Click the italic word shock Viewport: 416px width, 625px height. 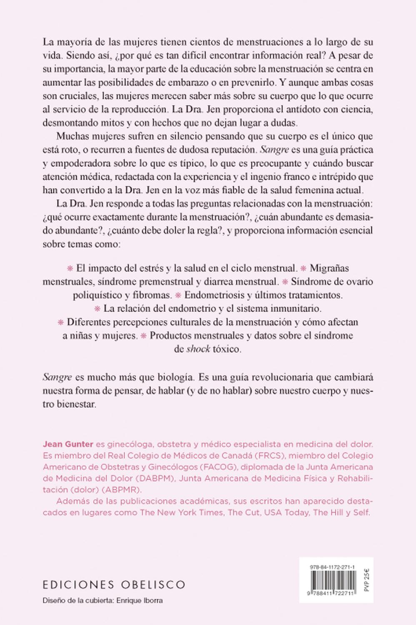pos(198,349)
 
